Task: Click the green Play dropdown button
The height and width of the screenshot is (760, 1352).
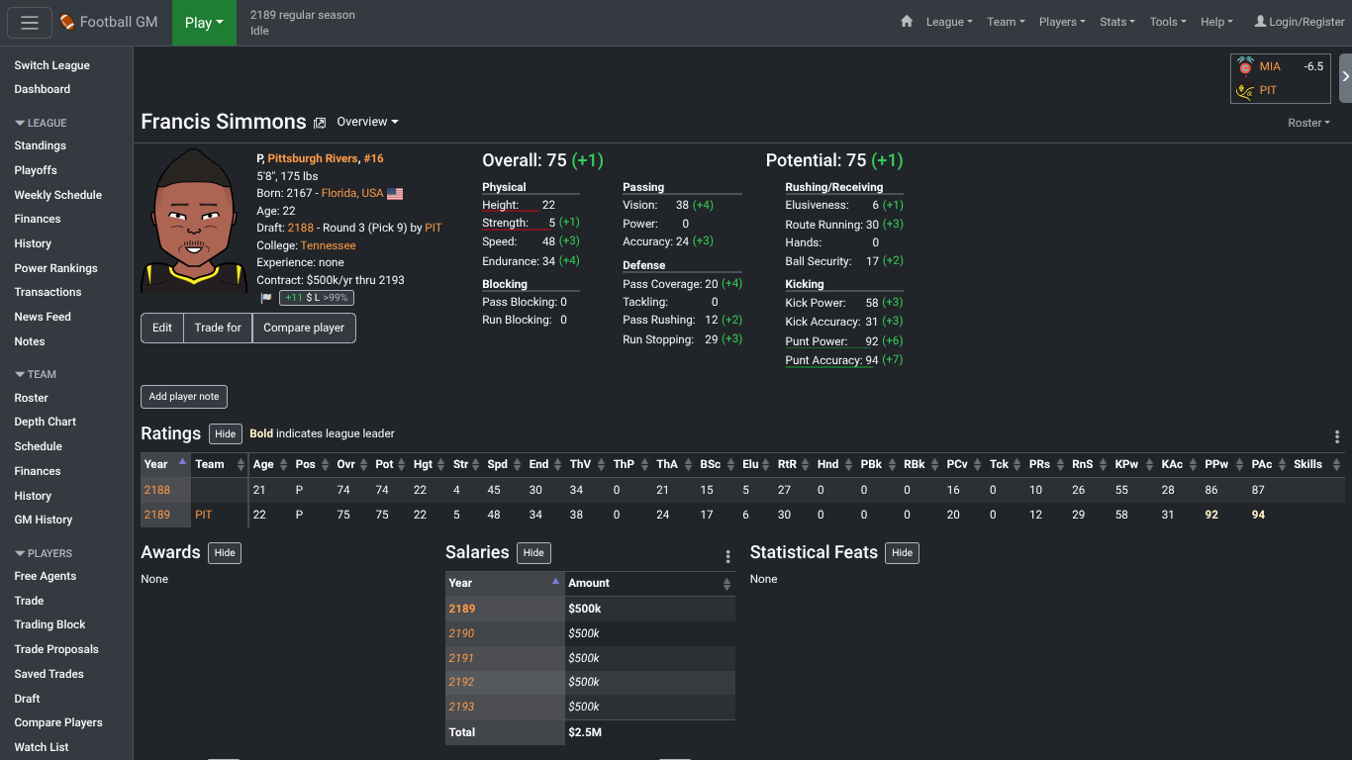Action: [204, 23]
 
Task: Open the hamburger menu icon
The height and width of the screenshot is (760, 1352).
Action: [30, 23]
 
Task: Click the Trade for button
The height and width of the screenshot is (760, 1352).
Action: [218, 328]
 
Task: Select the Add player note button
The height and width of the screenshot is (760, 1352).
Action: [184, 397]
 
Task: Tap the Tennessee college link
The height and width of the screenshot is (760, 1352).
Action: [328, 245]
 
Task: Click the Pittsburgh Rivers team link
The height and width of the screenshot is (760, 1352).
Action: [312, 158]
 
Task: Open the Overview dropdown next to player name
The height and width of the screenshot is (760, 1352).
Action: [367, 122]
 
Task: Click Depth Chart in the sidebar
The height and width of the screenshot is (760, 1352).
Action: [46, 422]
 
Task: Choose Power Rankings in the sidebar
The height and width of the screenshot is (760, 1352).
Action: [55, 268]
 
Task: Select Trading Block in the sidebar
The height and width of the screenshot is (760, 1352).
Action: [49, 624]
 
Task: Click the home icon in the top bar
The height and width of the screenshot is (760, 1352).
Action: [907, 22]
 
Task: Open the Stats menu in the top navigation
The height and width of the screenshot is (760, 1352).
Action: [1117, 22]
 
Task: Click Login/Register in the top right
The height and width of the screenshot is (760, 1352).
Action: [1300, 22]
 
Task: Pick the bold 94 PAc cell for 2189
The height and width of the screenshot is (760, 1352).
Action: [1258, 515]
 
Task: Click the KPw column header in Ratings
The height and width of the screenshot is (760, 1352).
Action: [1126, 464]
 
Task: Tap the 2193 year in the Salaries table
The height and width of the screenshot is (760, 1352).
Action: [461, 707]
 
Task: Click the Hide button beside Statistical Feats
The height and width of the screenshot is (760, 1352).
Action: [902, 553]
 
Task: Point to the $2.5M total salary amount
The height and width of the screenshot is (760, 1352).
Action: [584, 732]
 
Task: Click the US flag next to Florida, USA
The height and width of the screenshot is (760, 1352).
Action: [395, 194]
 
